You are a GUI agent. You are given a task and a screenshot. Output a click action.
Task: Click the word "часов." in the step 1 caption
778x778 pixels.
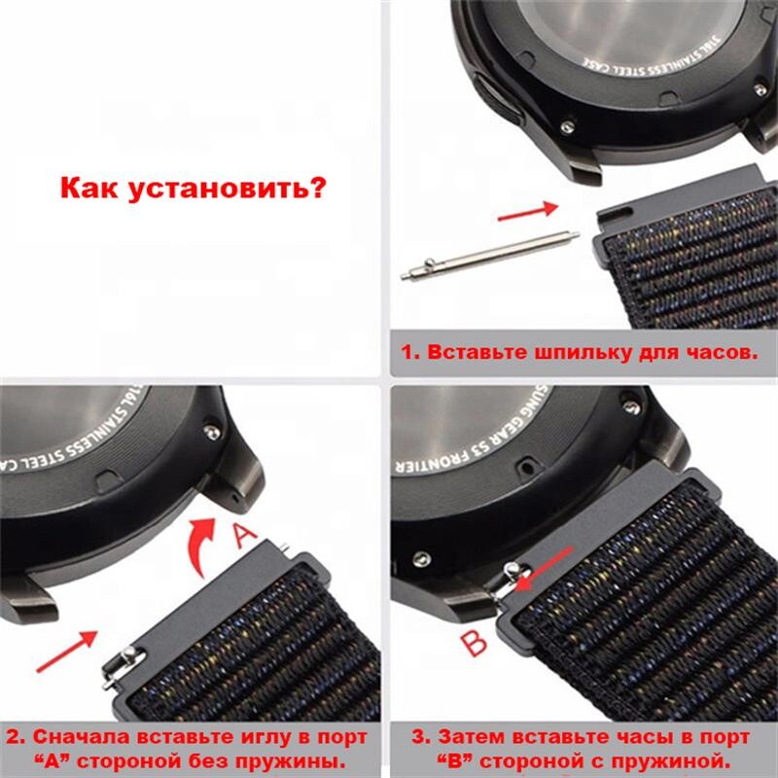720,351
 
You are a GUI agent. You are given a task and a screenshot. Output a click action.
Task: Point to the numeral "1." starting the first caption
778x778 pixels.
409,351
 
